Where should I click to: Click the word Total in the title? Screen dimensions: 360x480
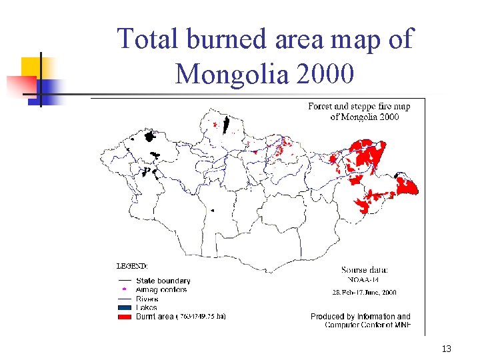[149, 39]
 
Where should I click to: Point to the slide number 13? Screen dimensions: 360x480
[446, 349]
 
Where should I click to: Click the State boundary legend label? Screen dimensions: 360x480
[163, 281]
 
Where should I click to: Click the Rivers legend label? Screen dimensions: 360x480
[148, 299]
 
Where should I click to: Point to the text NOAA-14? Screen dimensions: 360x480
[363, 280]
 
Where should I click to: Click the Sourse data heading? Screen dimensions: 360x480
[365, 269]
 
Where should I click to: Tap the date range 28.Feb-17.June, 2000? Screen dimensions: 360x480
[364, 292]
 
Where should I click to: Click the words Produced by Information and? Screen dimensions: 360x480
[360, 316]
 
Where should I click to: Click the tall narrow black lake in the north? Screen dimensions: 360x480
[226, 125]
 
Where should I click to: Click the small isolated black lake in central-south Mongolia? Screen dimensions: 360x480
[213, 210]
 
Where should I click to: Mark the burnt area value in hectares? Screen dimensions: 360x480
[201, 317]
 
